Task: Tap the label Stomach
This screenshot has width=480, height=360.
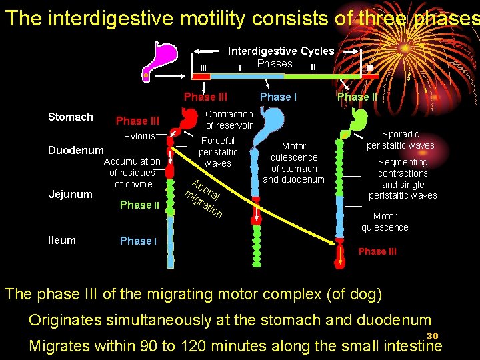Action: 71,117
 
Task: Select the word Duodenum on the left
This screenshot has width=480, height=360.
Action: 76,151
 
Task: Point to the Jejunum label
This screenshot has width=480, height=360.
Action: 71,195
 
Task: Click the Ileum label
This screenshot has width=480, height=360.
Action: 62,240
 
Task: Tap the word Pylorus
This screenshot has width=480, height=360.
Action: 139,137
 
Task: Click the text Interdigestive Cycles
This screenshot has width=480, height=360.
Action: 281,51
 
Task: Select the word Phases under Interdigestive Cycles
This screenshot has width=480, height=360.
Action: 275,64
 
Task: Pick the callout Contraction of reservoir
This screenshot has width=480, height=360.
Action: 229,120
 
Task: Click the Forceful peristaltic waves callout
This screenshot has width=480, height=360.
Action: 218,152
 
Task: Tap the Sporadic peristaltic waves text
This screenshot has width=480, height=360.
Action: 400,140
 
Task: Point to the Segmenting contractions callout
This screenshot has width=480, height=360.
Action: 403,179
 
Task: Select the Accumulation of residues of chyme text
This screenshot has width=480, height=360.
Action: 132,173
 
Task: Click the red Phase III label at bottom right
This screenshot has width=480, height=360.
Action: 377,251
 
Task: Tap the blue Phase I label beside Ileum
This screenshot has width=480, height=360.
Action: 138,241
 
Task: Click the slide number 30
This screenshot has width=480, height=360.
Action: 432,335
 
